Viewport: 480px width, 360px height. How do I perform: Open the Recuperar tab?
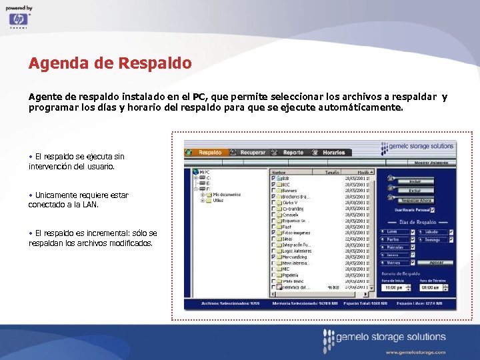[x=253, y=153]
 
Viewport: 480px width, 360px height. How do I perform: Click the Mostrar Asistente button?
[x=431, y=162]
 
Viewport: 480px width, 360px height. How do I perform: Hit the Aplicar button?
[x=436, y=263]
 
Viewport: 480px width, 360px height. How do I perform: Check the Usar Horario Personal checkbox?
[x=432, y=210]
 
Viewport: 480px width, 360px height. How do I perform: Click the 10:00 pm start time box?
[x=393, y=287]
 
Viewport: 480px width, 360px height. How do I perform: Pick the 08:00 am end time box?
[x=431, y=287]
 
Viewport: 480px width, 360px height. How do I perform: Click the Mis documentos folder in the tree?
[x=227, y=194]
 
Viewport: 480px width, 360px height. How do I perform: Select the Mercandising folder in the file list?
[x=295, y=257]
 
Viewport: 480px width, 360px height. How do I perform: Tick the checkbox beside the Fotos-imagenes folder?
[x=273, y=232]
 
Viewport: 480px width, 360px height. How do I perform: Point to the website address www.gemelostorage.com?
[x=415, y=351]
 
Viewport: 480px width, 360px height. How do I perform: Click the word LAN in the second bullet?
[x=91, y=205]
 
